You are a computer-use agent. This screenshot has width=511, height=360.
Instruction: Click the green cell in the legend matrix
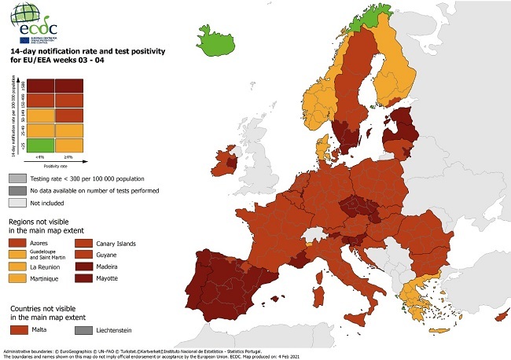(x=42, y=145)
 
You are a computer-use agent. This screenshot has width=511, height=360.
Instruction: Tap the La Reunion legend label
(x=46, y=266)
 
